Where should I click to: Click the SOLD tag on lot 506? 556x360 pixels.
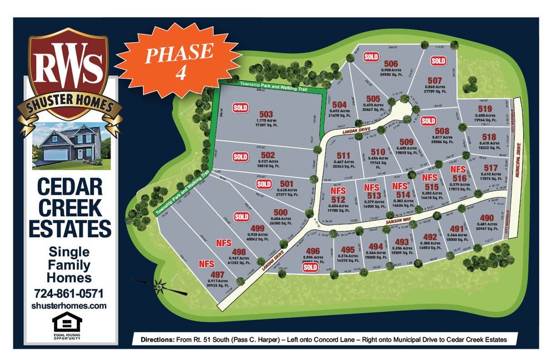(371, 56)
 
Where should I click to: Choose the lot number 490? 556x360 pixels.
(487, 218)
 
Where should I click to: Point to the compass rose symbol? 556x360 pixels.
(158, 286)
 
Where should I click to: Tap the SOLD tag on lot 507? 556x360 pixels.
(438, 61)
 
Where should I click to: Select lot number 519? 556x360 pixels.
(485, 109)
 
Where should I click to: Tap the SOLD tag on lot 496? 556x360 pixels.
(310, 267)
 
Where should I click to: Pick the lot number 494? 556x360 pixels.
(376, 246)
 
